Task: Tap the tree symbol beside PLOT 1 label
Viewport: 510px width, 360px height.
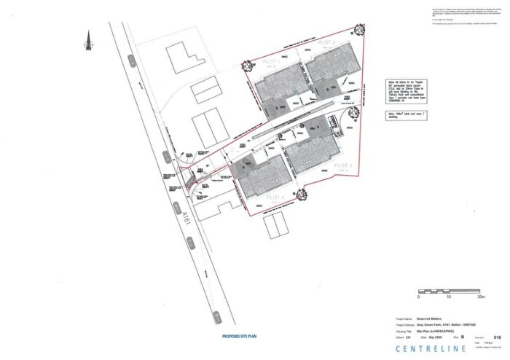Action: [x=246, y=65]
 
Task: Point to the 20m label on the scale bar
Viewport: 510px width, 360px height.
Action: [x=481, y=298]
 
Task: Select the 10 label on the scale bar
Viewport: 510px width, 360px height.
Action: [x=450, y=298]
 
